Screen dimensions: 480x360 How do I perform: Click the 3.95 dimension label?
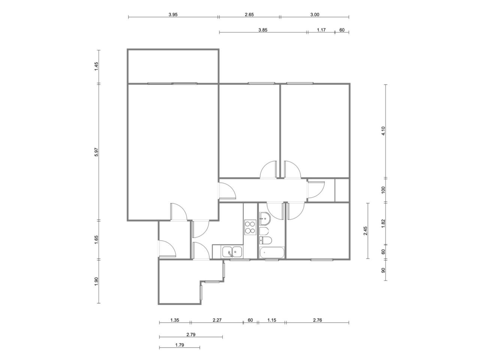point(173,15)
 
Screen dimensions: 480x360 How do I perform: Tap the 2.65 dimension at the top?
point(249,15)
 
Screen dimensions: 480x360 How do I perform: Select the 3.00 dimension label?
point(315,15)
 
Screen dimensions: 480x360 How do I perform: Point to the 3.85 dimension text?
point(262,30)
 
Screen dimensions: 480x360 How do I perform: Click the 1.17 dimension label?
point(321,30)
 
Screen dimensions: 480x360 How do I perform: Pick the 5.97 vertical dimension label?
point(96,152)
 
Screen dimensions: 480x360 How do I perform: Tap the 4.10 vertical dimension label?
point(383,131)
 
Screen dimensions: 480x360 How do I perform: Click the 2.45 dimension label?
point(365,231)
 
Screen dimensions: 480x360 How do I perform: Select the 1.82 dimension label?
point(383,223)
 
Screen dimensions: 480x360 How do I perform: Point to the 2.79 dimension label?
point(191,334)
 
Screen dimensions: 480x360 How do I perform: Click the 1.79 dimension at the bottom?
point(180,345)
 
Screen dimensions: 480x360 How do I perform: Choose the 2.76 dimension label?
point(317,320)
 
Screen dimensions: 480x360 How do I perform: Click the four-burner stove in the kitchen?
point(250,227)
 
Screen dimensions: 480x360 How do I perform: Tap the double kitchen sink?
point(232,251)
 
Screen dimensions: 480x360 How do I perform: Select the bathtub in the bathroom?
point(272,252)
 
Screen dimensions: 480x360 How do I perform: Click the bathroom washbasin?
point(265,218)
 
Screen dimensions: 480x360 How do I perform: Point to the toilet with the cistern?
point(265,240)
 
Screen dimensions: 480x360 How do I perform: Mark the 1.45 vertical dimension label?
point(96,66)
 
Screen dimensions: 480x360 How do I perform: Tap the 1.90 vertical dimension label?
point(96,281)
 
